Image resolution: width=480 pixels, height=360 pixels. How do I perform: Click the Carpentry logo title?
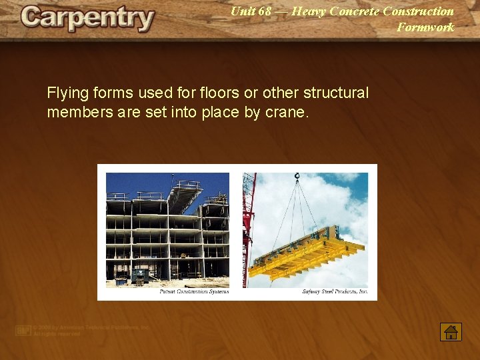pyautogui.click(x=87, y=19)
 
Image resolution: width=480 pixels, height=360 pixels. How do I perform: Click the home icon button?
pyautogui.click(x=451, y=332)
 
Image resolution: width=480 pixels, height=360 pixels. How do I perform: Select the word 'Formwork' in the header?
pyautogui.click(x=425, y=27)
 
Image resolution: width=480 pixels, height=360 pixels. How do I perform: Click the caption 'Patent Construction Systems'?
pyautogui.click(x=194, y=291)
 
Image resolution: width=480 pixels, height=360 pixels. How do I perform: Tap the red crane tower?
pyautogui.click(x=249, y=227)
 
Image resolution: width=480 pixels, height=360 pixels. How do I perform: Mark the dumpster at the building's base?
pyautogui.click(x=140, y=275)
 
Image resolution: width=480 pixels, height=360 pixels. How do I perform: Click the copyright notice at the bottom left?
pyautogui.click(x=83, y=331)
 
